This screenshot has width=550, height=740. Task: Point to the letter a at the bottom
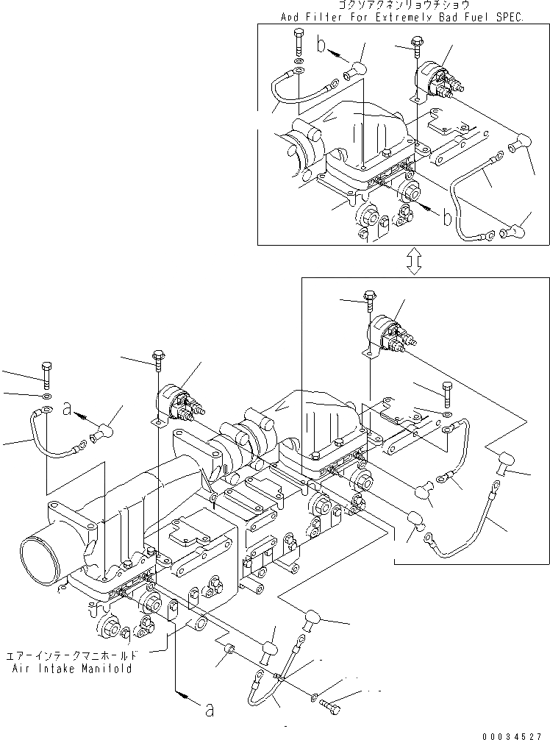[x=209, y=710]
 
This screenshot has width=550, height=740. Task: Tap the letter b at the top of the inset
[x=320, y=46]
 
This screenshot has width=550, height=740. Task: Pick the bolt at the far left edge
[x=46, y=374]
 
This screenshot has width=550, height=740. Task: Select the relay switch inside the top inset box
[x=435, y=79]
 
